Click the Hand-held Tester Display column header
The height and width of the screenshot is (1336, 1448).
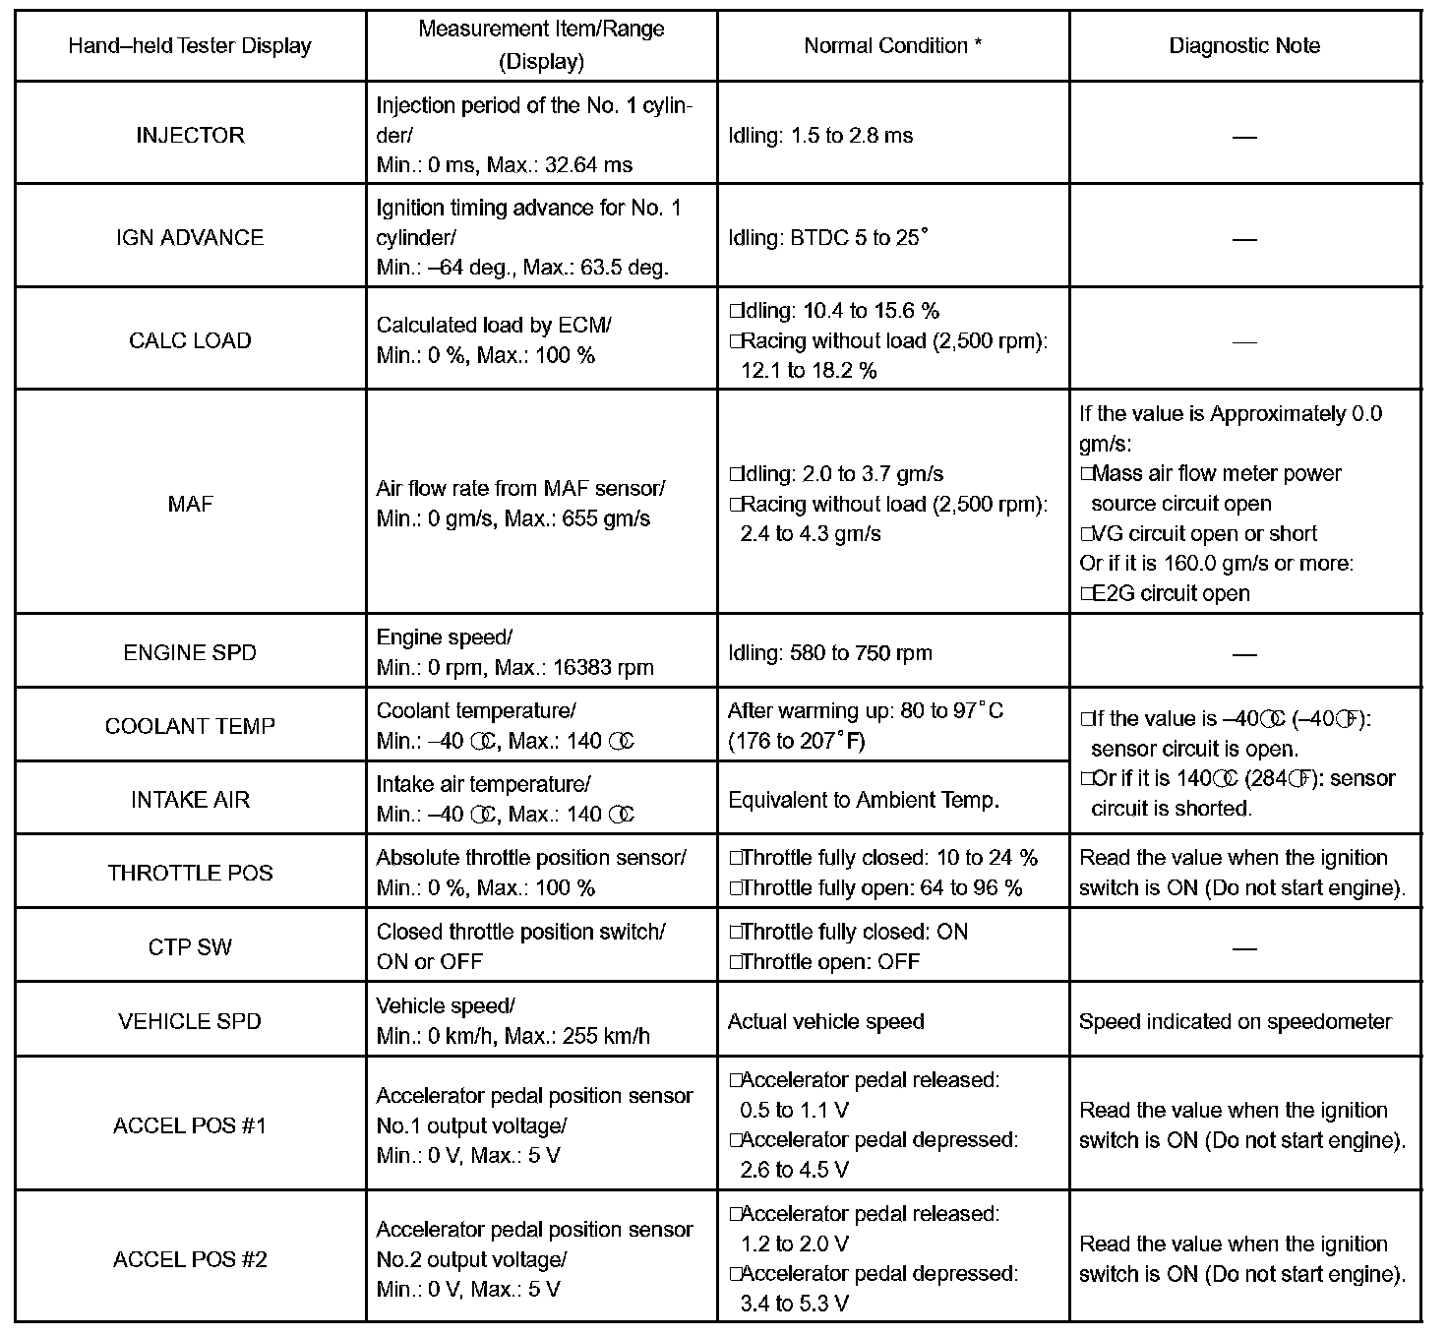190,46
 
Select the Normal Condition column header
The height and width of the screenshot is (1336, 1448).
892,46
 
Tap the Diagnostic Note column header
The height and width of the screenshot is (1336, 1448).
1244,46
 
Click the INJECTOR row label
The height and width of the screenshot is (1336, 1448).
190,135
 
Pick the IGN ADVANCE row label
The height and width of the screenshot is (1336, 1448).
190,237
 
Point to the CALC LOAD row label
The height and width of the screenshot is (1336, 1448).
190,340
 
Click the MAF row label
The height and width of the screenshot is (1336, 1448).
190,504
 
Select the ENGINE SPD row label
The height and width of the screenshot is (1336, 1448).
190,653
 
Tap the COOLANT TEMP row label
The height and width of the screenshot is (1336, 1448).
190,726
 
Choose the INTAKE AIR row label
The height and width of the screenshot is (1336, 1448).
190,800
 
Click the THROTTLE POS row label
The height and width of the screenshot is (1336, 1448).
190,873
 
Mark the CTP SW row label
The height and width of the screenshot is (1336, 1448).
190,947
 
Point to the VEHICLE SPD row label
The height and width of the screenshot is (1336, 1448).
190,1021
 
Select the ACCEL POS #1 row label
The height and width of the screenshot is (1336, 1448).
190,1125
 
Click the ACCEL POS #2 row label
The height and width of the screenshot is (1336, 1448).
190,1259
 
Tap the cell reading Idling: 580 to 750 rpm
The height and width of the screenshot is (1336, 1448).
829,653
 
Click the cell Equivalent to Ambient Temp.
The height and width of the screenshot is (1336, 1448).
863,800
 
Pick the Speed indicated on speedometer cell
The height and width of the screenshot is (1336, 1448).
1235,1021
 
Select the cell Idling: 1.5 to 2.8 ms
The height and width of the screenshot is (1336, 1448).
820,135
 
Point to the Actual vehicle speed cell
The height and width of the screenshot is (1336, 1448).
825,1021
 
